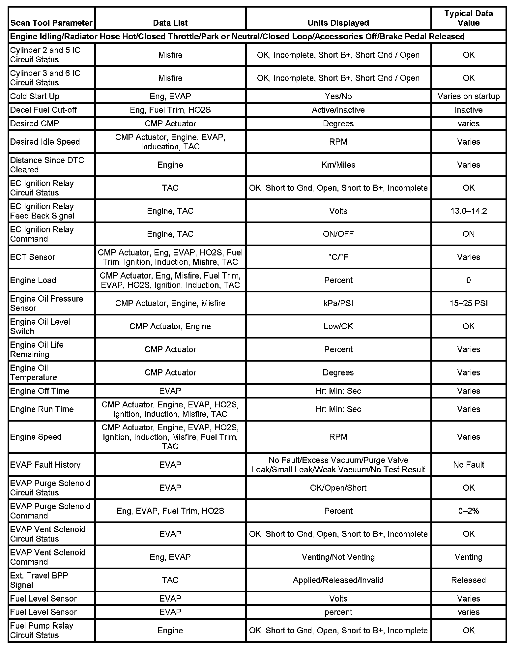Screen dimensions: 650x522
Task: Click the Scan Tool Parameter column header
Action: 51,23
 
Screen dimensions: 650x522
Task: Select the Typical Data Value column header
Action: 468,18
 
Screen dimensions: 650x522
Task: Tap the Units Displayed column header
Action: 338,23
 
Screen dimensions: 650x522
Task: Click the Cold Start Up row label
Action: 35,96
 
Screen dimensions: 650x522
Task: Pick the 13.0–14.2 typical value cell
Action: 468,211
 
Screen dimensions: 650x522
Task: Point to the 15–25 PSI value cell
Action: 468,303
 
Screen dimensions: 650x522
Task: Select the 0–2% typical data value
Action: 468,511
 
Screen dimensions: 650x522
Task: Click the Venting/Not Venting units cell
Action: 338,557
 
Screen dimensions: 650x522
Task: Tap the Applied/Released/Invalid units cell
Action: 338,580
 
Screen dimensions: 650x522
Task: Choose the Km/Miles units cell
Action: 338,165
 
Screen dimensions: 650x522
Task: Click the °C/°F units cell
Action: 338,257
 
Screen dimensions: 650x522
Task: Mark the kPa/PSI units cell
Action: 338,303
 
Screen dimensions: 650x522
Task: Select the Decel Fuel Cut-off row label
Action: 43,110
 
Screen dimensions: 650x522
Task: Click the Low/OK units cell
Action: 338,326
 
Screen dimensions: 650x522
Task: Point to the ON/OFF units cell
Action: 338,234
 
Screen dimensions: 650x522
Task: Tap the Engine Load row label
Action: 33,280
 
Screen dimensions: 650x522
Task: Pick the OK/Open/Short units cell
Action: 338,488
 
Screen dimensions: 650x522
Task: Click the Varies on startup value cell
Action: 468,96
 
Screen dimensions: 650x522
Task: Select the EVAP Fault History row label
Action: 45,465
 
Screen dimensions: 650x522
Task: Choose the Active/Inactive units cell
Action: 338,110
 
